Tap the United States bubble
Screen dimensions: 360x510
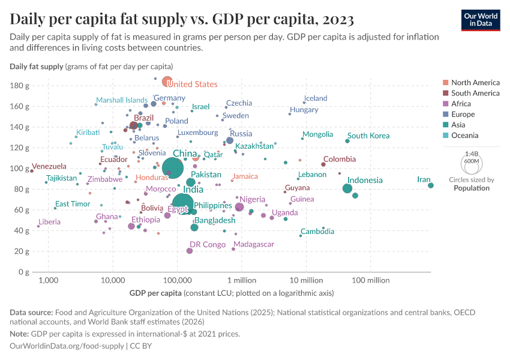tap(167, 82)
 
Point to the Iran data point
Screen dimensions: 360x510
tap(431, 185)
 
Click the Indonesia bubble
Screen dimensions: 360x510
tap(347, 188)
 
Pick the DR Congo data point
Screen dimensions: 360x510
tap(190, 251)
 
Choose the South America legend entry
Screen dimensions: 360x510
tap(475, 93)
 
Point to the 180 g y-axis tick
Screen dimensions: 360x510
tap(20, 86)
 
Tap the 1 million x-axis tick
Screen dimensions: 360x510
tap(242, 281)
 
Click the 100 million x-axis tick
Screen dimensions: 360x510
tap(370, 281)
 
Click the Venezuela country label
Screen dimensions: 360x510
tap(49, 166)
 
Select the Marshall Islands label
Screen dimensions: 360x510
tap(122, 100)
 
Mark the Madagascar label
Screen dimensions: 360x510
tap(254, 244)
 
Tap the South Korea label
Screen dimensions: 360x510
tap(368, 136)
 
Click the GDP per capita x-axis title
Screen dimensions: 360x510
tap(155, 293)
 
